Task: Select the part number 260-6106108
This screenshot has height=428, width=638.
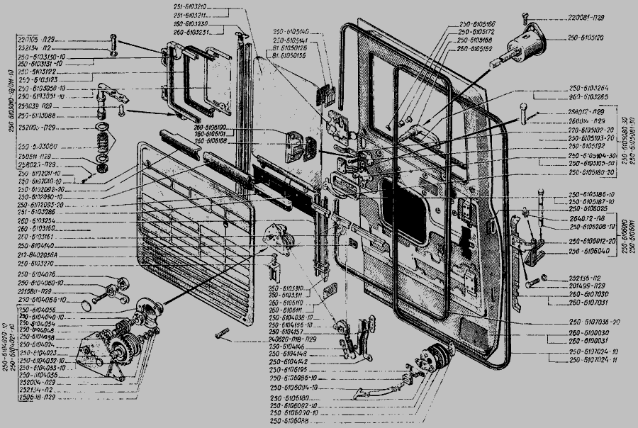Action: [206, 140]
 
